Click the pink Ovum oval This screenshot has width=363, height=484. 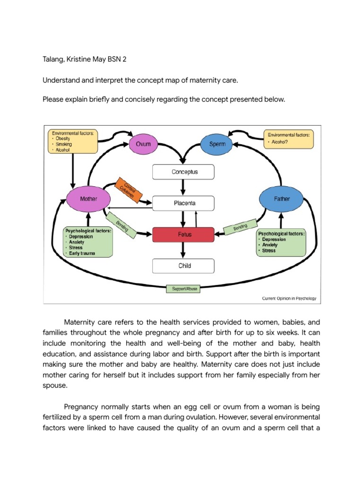pos(143,143)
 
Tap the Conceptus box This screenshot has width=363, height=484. pos(183,172)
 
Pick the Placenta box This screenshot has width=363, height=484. pos(183,204)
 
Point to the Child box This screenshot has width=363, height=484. pos(183,266)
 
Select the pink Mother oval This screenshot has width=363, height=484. pos(88,199)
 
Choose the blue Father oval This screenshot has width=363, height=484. pos(281,199)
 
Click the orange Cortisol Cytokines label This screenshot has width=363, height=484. pos(128,190)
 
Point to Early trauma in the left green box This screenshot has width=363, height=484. pos(82,253)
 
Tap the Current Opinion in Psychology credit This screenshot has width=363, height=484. pos(289,298)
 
